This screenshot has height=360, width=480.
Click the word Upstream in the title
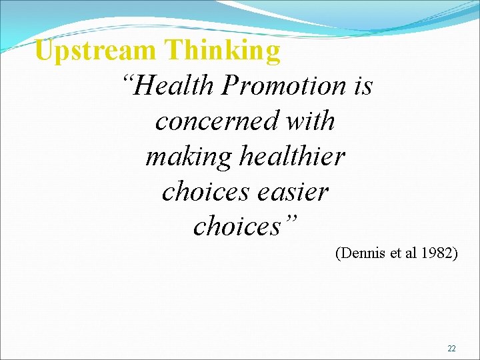(95, 51)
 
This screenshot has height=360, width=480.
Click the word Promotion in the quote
(285, 85)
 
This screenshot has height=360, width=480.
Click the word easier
(293, 191)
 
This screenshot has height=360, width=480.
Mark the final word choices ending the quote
(237, 227)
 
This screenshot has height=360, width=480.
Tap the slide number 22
(451, 349)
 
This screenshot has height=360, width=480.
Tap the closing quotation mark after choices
(291, 220)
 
